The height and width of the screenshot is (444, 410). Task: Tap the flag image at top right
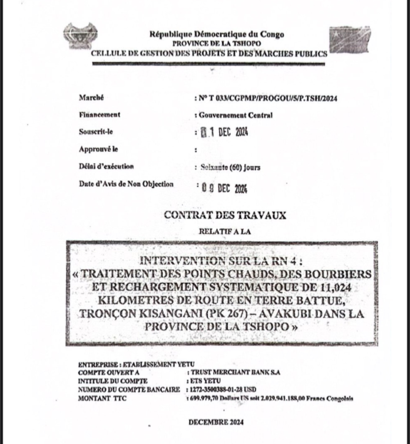click(350, 39)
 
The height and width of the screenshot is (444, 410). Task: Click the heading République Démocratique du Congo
click(217, 35)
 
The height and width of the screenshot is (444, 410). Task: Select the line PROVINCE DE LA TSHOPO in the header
click(217, 44)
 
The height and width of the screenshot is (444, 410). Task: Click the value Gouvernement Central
click(236, 115)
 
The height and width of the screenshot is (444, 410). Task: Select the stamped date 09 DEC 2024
click(224, 188)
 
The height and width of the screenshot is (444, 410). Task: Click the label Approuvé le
click(98, 149)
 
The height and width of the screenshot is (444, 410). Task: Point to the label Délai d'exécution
click(106, 166)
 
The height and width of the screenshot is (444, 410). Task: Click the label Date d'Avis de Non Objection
click(126, 184)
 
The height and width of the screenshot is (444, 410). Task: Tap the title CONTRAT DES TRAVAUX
click(225, 215)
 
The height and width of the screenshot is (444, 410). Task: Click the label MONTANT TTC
click(102, 398)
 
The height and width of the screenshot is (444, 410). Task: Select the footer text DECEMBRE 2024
click(216, 422)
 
